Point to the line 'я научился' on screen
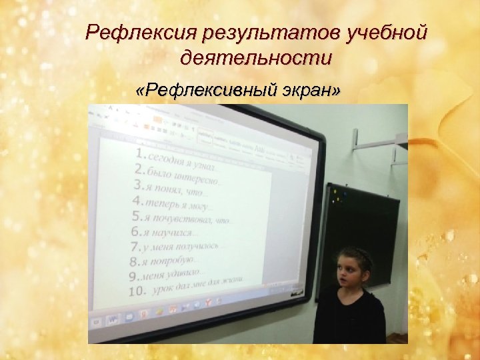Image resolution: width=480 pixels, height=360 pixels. (173, 232)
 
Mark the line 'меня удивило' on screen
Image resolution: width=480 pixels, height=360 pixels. (177, 275)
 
